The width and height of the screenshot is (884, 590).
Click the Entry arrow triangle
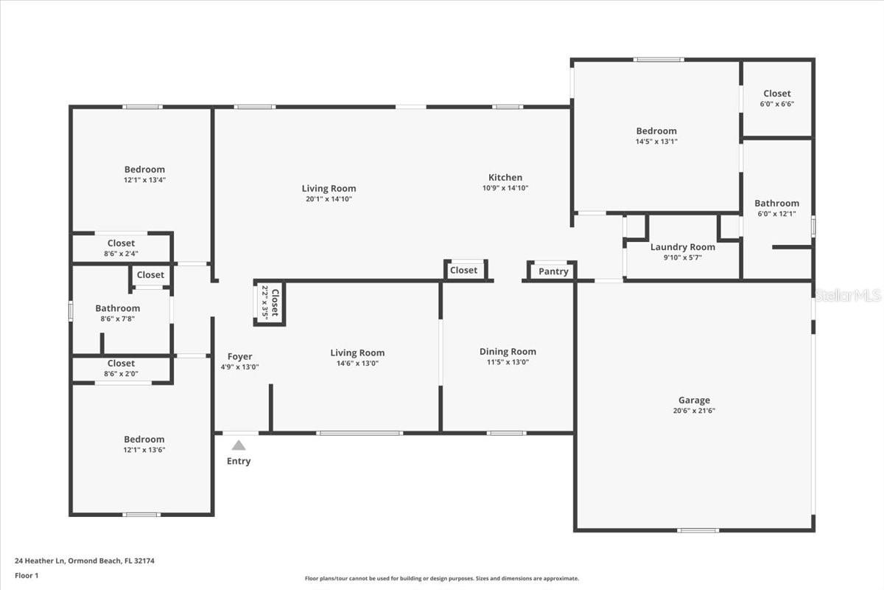click(239, 445)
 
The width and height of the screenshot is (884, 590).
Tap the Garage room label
click(694, 400)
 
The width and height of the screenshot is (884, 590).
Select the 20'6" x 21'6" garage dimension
click(694, 411)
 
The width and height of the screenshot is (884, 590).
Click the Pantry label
click(553, 271)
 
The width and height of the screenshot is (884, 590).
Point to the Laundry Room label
click(682, 247)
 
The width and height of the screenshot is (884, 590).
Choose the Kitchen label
click(505, 177)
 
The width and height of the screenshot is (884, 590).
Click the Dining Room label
click(508, 352)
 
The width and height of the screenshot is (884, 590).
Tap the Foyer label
click(239, 357)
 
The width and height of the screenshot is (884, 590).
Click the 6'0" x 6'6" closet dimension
click(776, 104)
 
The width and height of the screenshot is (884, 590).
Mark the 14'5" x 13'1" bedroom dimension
click(656, 142)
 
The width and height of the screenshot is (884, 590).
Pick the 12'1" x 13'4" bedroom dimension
click(144, 180)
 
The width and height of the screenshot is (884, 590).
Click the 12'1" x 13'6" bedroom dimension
click(144, 450)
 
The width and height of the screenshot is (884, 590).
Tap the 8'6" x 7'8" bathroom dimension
click(117, 319)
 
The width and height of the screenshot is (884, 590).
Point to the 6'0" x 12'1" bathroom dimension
click(776, 214)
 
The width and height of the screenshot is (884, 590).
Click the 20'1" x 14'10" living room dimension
click(329, 199)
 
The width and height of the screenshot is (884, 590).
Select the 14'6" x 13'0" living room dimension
click(357, 363)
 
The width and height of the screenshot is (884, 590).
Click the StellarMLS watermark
click(847, 296)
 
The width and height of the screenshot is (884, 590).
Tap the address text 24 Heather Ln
click(85, 560)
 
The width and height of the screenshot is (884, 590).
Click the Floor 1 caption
click(27, 575)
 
